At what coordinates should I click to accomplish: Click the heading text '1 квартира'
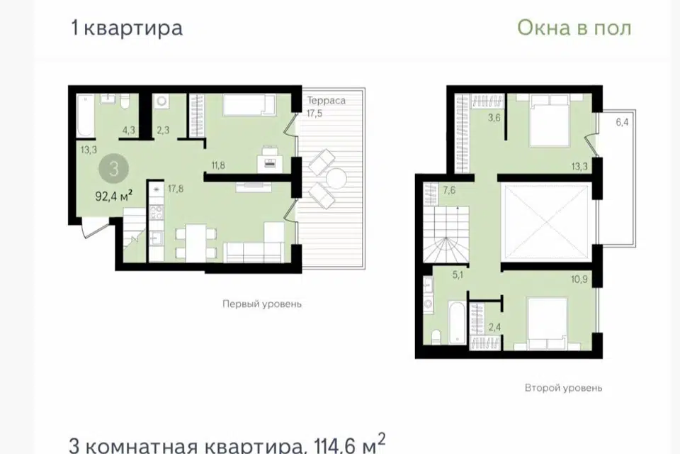(127, 28)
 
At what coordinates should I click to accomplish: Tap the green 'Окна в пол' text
(574, 28)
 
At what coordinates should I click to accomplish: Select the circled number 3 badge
(113, 168)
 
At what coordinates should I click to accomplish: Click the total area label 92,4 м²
(113, 196)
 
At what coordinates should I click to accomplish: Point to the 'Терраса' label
(327, 100)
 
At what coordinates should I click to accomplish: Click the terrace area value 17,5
(314, 113)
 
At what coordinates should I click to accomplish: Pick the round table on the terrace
(335, 179)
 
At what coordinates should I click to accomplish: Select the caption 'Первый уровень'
(262, 304)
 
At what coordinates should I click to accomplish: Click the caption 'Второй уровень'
(563, 387)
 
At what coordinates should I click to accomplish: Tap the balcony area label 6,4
(622, 122)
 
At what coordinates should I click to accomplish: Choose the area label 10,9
(579, 279)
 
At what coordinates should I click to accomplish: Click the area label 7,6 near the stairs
(449, 190)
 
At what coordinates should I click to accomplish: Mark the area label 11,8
(218, 165)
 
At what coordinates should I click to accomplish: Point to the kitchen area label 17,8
(176, 189)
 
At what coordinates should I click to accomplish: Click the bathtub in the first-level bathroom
(86, 116)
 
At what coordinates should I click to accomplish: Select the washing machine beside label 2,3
(161, 101)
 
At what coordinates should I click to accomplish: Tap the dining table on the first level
(195, 243)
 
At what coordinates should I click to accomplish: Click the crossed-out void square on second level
(546, 221)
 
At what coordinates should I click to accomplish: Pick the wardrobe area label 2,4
(494, 327)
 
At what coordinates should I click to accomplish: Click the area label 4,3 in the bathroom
(129, 130)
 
